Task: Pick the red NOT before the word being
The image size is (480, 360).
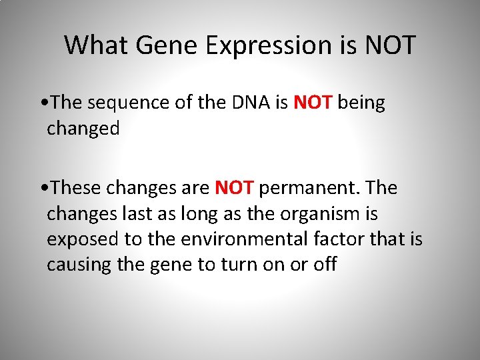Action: pos(313,103)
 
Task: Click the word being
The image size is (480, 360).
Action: pos(361,104)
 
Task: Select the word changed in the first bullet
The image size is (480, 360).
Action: pos(83,128)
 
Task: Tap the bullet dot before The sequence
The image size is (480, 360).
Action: pos(43,103)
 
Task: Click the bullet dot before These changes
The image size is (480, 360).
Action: pos(43,189)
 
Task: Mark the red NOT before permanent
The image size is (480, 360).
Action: pos(234,189)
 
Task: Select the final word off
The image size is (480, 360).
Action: pos(325,265)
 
